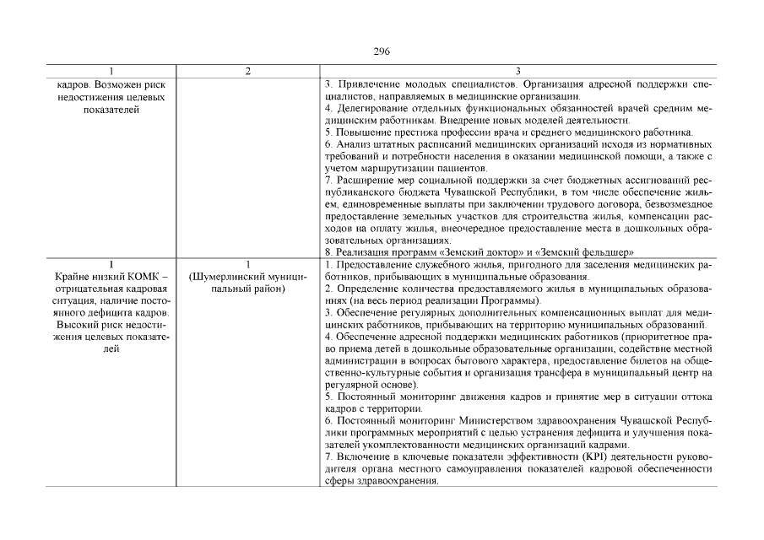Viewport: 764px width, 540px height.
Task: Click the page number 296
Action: [382, 51]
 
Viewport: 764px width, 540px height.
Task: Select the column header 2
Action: [247, 72]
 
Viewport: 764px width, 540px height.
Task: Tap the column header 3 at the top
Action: [518, 72]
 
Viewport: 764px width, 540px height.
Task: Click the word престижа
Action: [408, 132]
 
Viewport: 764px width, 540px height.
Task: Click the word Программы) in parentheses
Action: [508, 301]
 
